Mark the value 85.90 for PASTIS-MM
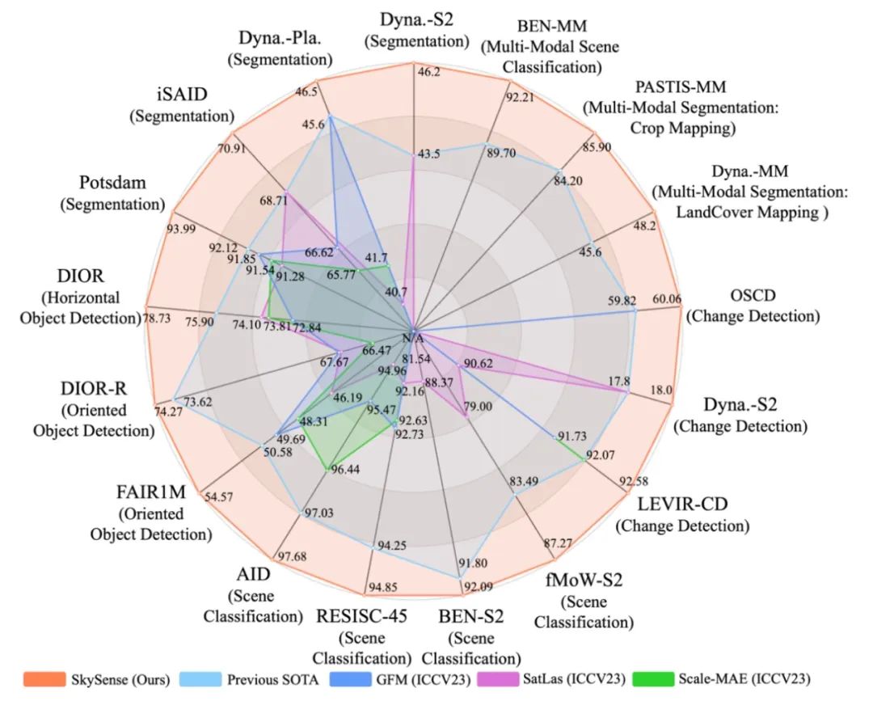(x=597, y=148)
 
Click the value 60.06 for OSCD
(x=668, y=300)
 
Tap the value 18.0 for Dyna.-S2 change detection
(x=662, y=390)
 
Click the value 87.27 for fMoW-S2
(x=558, y=543)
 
